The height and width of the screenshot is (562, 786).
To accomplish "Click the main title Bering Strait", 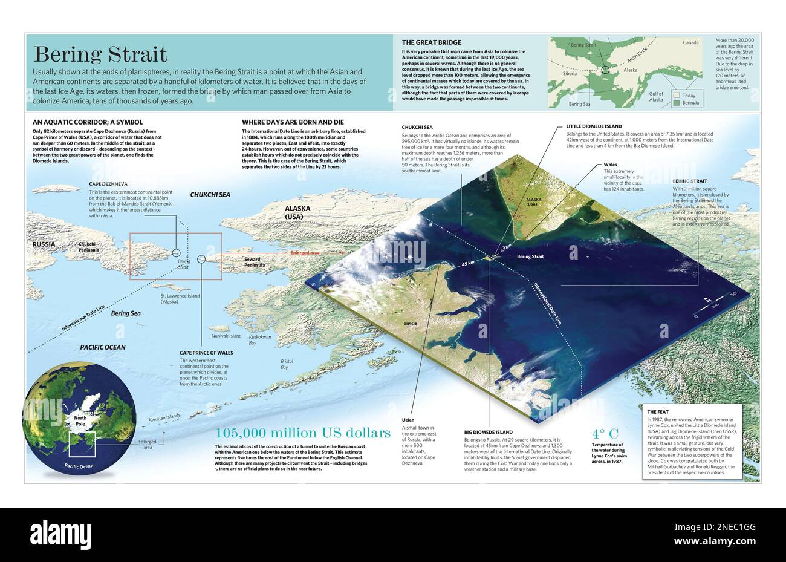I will (100, 54).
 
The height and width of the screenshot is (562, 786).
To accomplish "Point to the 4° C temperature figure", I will (605, 433).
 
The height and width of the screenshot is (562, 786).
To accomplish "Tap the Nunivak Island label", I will (226, 336).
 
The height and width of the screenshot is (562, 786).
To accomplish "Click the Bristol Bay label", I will (287, 364).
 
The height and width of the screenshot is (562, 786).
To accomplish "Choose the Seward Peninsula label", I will (253, 262).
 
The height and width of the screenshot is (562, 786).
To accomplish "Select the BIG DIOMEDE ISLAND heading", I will (489, 433).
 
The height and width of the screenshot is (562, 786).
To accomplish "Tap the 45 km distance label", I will (468, 264).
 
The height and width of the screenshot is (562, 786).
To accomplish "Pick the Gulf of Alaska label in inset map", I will (656, 96).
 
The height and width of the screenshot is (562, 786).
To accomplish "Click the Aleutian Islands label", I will (165, 417).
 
